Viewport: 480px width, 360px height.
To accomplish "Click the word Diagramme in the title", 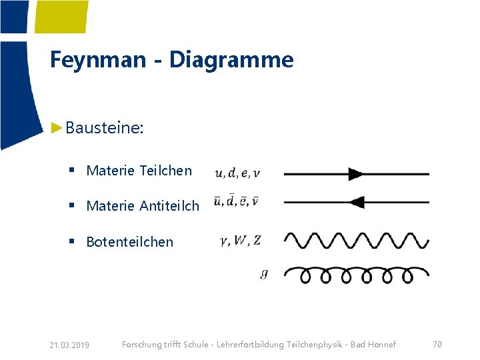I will coord(231,60).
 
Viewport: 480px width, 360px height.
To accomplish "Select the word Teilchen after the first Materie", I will coord(166,171).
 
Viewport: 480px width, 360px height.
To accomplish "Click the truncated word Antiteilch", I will coord(169,206).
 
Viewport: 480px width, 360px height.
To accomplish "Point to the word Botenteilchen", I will coord(129,242).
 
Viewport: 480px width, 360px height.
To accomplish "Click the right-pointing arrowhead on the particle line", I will coord(355,174).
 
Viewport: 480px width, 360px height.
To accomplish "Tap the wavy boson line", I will coord(357,239).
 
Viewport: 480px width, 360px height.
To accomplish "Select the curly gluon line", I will coord(357,274).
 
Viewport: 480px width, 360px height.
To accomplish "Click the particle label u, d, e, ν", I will coord(237,174).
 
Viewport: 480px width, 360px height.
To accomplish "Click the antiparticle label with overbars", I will coord(237,201).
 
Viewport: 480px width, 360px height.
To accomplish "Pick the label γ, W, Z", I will coord(241,241).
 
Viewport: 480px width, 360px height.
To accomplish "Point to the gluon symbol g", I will coord(264,273).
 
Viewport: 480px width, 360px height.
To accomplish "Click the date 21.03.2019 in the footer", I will coord(69,345).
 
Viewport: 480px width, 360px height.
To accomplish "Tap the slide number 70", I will coord(437,344).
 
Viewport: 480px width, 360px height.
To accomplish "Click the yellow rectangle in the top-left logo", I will coord(61,16).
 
